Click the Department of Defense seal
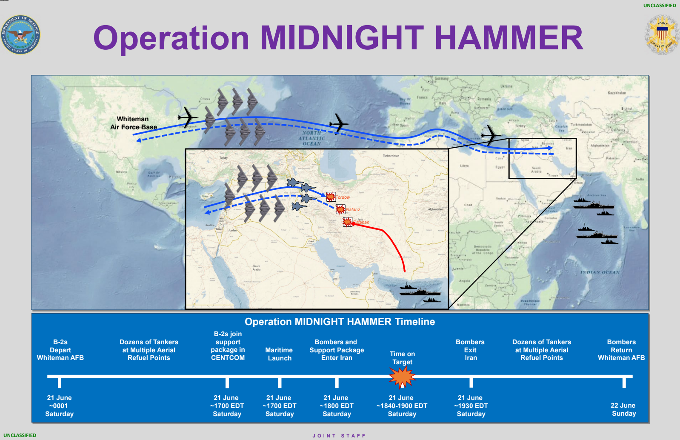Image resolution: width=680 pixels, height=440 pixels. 20,35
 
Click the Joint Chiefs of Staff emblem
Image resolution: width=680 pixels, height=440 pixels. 662,35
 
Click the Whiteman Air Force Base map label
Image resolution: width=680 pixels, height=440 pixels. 133,123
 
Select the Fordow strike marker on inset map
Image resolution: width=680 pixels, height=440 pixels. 331,197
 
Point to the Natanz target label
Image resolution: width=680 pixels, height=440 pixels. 353,209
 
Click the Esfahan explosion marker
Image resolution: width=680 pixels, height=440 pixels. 348,222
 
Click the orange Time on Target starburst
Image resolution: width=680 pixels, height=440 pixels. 402,376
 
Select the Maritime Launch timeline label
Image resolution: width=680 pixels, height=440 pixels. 279,354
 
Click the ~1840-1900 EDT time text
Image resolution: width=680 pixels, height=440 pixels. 402,406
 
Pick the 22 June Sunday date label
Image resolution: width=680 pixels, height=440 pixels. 623,409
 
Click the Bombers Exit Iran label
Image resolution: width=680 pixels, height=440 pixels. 470,350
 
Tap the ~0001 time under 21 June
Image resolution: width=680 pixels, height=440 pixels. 59,406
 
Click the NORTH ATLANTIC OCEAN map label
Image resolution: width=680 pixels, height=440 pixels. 311,138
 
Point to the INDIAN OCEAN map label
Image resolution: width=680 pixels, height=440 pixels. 600,272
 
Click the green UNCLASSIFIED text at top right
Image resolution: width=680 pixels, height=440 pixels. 659,6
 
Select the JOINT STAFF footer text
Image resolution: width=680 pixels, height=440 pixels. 339,436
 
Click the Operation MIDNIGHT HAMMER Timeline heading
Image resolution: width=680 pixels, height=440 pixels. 340,322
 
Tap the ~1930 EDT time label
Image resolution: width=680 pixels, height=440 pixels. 471,406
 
